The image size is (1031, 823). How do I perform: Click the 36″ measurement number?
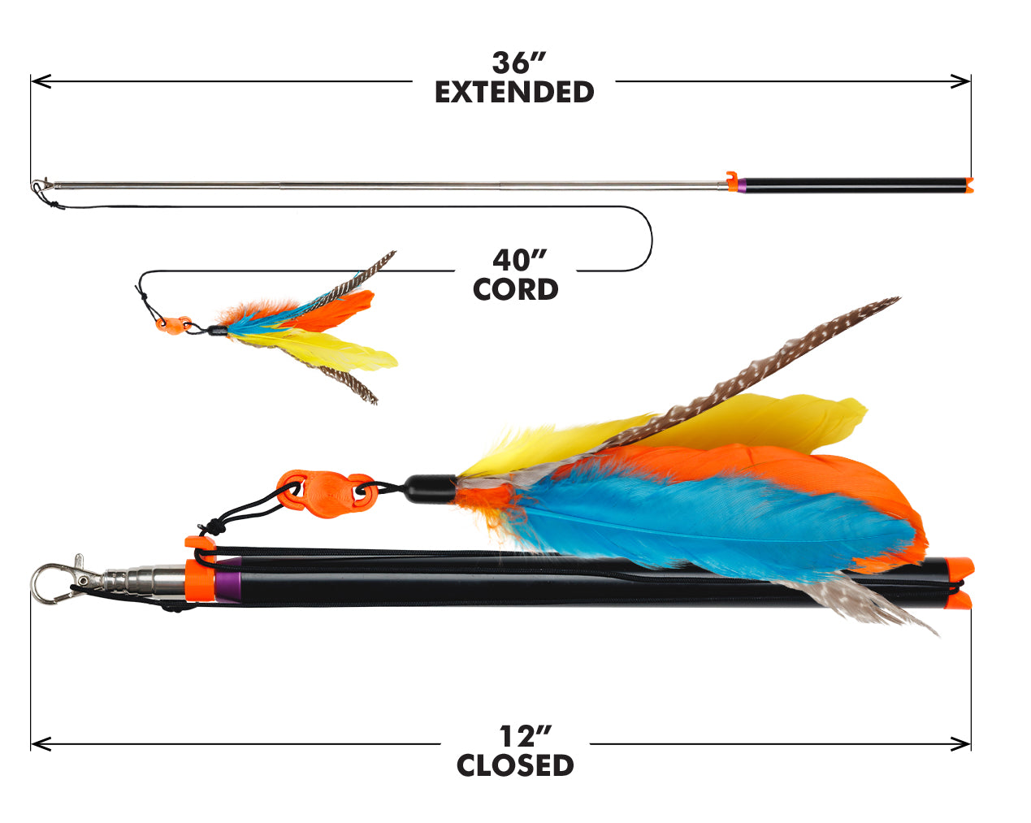coord(519,63)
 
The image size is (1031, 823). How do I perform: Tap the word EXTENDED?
coord(514,92)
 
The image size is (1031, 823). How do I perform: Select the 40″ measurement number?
coord(520,260)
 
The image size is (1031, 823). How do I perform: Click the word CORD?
coord(515,289)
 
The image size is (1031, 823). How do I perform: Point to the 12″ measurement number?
coord(525,736)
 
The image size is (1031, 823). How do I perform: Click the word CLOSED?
coord(515,765)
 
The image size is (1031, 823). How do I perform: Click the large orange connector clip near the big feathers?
coord(325,494)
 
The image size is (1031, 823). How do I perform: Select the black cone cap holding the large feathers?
coord(431,489)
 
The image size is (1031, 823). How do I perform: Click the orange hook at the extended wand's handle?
coord(731,181)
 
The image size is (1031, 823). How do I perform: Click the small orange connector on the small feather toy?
coord(173,324)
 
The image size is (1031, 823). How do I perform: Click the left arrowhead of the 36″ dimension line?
coord(41,81)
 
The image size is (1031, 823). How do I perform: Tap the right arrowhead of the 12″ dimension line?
coord(960,744)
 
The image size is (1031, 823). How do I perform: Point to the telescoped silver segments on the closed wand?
coord(144,581)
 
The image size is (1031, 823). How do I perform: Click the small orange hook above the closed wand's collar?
coord(200,542)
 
